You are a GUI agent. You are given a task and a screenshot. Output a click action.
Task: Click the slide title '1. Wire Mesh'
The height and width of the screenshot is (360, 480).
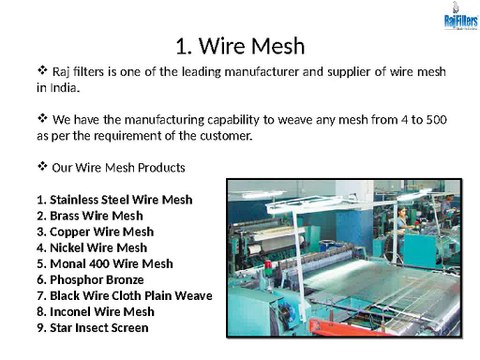point(239,46)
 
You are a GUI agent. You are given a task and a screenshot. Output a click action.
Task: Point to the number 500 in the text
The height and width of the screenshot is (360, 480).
point(434,120)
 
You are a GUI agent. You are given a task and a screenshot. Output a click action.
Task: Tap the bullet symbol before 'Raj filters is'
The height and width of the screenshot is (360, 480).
point(42,71)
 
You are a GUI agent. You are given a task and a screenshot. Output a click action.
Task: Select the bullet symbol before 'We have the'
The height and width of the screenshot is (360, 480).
point(42,119)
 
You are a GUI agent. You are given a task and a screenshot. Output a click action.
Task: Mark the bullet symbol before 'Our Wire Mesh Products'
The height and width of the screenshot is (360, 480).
point(42,165)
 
